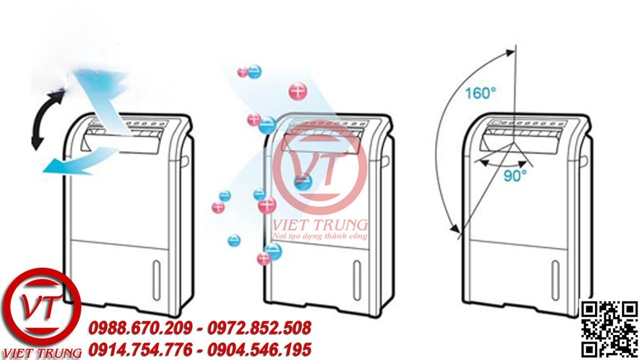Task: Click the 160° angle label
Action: [480, 93]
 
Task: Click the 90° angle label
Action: [515, 176]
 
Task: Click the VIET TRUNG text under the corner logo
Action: [41, 352]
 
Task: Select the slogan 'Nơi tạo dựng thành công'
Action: [321, 236]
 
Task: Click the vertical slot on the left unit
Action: [156, 273]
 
